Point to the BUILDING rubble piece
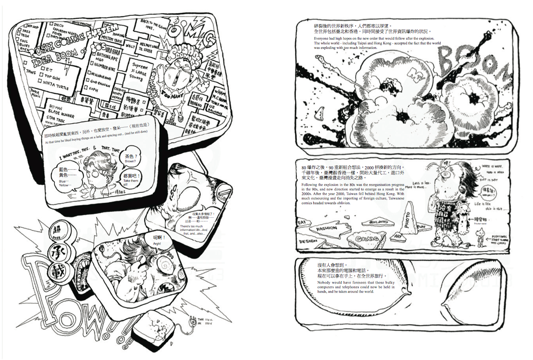378,222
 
